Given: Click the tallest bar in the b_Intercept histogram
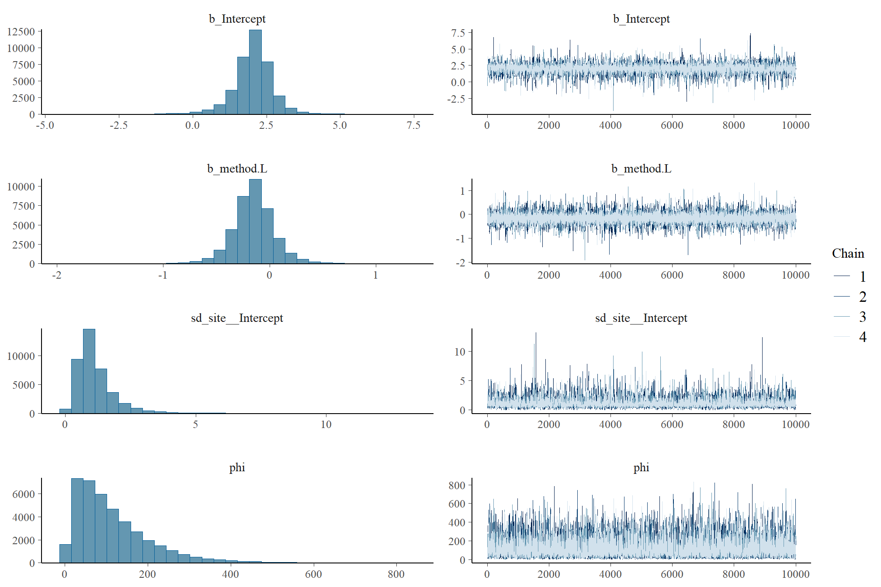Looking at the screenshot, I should point(255,72).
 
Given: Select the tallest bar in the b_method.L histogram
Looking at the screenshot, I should point(255,221).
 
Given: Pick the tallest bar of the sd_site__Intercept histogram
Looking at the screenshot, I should point(89,371).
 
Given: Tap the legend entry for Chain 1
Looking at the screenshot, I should point(862,276).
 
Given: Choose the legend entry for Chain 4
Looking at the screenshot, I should point(862,337).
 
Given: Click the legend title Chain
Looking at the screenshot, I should point(848,254).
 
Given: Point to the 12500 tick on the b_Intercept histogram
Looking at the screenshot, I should point(21,31).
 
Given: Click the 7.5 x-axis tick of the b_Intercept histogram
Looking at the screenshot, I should point(413,126).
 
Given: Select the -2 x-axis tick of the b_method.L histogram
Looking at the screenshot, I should point(57,275).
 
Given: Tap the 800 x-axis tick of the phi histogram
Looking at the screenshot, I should point(396,574).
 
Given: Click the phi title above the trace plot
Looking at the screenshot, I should point(641,468).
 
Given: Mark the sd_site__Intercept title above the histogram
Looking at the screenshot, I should point(237,318).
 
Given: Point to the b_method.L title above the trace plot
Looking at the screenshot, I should point(641,169).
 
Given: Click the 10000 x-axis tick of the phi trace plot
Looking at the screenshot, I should point(795,574).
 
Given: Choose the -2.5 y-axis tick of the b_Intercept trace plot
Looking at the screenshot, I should point(456,99).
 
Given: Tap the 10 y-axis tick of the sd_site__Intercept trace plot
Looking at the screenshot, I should point(460,352).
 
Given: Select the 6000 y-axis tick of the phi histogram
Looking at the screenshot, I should point(24,494).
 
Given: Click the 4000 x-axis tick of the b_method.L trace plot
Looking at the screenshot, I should point(610,275).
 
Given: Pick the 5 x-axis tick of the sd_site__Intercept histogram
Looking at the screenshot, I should point(195,425).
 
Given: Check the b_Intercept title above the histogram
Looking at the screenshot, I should point(237,19).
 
